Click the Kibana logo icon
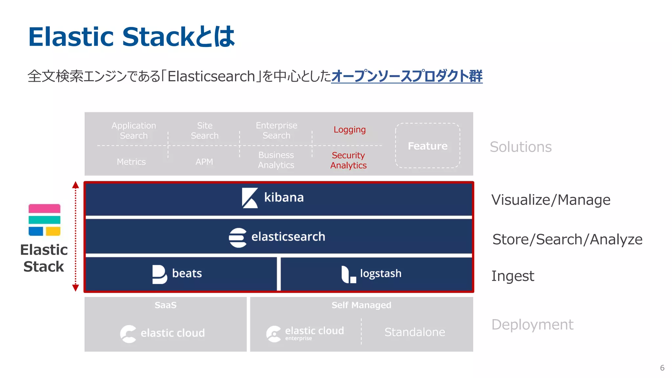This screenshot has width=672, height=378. coord(250,198)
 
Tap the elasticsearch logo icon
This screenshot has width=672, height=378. coord(238,238)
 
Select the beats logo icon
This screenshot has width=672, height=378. coord(159,274)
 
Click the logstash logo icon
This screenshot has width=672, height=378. coord(348,274)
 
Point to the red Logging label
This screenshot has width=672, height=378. coord(349,130)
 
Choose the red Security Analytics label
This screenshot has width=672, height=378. coord(348,160)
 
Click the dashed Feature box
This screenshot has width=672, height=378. coord(427,146)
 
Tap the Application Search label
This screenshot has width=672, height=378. coord(134,131)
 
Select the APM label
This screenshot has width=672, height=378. coord(204,162)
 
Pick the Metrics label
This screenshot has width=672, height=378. coord(131,162)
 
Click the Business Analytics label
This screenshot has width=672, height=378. coord(276,160)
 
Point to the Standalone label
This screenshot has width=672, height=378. coord(415,332)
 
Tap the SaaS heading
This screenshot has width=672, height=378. coord(165,305)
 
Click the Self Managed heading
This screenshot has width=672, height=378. coord(361,305)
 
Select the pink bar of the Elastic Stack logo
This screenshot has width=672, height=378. coord(44,209)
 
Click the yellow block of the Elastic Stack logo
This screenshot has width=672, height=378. coord(53,231)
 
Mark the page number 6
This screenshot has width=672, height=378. coord(662,368)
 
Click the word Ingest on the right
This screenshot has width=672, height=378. coord(513,276)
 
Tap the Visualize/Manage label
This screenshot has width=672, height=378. coord(551,200)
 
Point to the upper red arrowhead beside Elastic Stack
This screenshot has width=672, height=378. coord(75,185)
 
